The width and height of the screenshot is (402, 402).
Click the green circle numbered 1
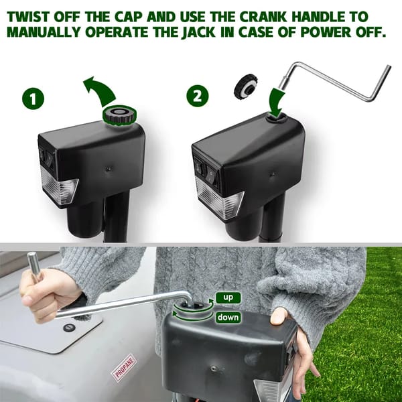point(33,98)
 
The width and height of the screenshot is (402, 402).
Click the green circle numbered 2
point(198,96)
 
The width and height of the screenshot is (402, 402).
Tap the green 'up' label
point(228,297)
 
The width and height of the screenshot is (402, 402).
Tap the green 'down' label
point(228,318)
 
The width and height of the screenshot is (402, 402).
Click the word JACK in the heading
point(199,32)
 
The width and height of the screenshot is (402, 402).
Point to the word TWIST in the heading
point(28,17)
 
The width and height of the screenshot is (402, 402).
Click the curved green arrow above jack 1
point(100,91)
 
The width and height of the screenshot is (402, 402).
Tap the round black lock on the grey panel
point(68,328)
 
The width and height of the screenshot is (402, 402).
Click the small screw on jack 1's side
point(109,168)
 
